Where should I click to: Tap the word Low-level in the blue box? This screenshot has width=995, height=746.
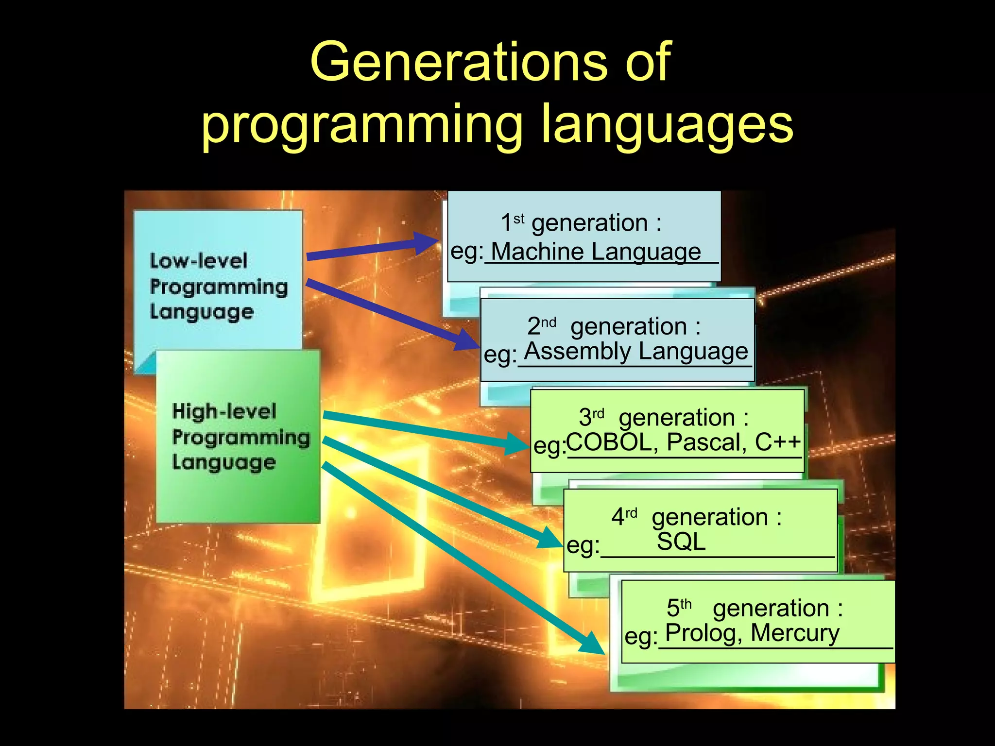point(198,261)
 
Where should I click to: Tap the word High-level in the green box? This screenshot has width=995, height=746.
point(224,412)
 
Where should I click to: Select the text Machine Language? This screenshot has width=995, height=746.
point(596,252)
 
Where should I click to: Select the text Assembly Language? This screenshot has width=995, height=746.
point(636,352)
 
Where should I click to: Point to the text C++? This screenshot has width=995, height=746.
point(777,442)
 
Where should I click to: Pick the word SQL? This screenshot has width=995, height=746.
point(681,542)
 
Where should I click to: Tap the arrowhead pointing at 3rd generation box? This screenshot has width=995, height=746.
point(516,443)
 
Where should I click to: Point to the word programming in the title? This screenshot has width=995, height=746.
point(362,125)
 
